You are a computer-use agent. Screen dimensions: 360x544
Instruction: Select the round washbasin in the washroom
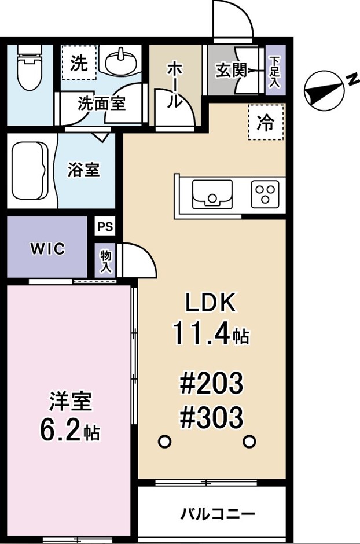click(x=122, y=62)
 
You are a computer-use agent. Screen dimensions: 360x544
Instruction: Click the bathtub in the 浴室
click(x=30, y=171)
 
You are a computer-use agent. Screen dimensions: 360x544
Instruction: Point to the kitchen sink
click(x=212, y=194)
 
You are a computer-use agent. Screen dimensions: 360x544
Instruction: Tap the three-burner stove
click(x=265, y=194)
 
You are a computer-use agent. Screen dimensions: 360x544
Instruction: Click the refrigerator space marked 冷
click(x=266, y=122)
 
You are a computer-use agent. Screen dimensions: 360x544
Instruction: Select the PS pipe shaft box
click(x=105, y=226)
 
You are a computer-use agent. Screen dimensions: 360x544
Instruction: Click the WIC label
click(x=47, y=248)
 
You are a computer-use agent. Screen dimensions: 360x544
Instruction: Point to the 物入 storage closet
click(x=106, y=261)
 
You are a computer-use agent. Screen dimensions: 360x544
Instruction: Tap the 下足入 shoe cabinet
click(x=275, y=71)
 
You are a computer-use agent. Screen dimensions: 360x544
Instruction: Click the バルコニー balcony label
click(x=218, y=513)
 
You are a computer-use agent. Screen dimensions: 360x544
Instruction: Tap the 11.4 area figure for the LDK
click(x=201, y=333)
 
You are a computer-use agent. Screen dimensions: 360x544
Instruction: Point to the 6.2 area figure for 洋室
click(x=61, y=429)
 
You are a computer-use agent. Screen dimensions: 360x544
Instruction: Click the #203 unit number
click(x=211, y=383)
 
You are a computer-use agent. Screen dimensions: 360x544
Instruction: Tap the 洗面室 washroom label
click(x=101, y=103)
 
